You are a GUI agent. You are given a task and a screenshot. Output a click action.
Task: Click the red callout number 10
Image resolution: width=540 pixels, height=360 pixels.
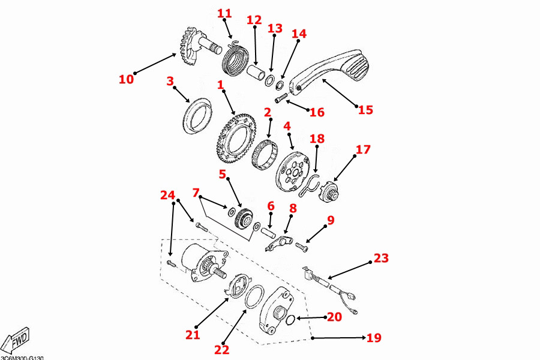126,79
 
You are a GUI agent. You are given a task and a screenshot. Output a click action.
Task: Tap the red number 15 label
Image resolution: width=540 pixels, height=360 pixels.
365,110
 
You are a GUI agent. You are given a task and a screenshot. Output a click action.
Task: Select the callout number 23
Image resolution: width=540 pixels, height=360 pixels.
381,259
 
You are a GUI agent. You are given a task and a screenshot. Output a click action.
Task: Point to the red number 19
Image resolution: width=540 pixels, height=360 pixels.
373,338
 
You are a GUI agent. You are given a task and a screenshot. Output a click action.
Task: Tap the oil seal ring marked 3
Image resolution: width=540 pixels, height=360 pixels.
196,117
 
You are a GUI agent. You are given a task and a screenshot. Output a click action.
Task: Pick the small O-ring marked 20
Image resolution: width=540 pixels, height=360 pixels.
290,320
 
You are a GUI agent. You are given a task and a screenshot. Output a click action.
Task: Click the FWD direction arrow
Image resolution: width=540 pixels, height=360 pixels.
16,340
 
